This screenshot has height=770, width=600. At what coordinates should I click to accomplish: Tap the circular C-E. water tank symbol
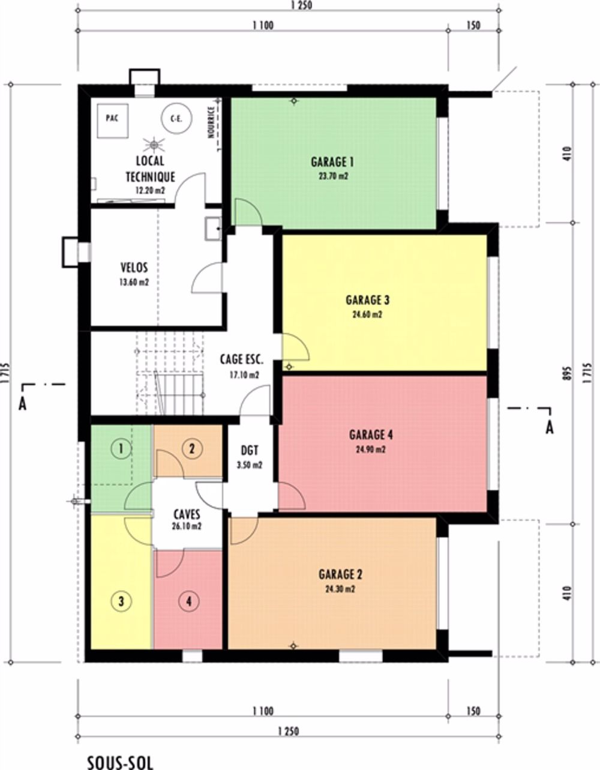[x=176, y=119]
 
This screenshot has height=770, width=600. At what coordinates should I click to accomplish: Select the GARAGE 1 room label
[x=332, y=162]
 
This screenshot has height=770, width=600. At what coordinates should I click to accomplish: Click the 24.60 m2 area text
[x=367, y=314]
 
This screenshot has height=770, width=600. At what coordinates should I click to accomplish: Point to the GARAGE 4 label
[x=371, y=435]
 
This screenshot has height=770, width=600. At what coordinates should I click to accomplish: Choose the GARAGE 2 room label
[x=340, y=574]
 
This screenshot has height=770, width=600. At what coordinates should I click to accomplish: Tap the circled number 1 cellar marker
[x=121, y=450]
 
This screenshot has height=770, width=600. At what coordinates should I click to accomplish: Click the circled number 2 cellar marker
[x=193, y=450]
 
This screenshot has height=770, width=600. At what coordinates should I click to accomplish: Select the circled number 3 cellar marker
[x=121, y=601]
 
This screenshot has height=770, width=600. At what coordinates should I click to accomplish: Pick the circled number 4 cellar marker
[x=189, y=601]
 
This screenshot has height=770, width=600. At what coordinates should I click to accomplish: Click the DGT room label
[x=250, y=450]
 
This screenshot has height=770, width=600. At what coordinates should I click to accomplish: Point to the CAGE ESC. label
[x=242, y=359]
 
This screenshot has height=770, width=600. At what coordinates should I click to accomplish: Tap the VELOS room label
[x=134, y=268]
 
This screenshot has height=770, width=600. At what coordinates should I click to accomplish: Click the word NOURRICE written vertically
[x=211, y=122]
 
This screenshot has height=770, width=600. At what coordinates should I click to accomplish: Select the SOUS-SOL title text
[x=121, y=762]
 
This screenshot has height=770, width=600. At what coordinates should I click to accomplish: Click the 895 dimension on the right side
[x=569, y=373]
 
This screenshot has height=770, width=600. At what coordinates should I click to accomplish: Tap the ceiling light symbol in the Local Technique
[x=154, y=145]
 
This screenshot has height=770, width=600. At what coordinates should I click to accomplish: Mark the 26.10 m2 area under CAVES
[x=187, y=526]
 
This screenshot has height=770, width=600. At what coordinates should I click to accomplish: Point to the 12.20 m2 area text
[x=150, y=190]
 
